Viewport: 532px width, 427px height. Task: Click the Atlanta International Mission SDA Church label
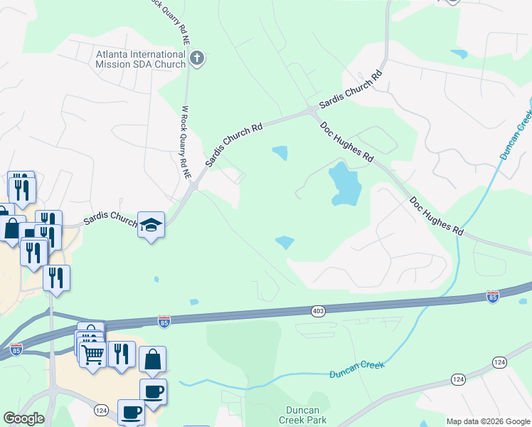[x=141, y=58]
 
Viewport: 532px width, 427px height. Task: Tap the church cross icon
[x=198, y=58]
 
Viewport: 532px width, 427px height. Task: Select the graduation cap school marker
[x=151, y=226]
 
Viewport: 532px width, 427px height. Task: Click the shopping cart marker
[x=93, y=354]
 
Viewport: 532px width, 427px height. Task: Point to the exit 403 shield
[x=318, y=311]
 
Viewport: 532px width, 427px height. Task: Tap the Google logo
[x=23, y=418]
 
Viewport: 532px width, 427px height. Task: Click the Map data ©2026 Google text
[x=488, y=421]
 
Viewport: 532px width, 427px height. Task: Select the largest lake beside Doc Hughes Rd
[x=345, y=184]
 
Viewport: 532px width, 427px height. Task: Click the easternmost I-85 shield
[x=492, y=295]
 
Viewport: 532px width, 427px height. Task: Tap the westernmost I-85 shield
[x=16, y=349]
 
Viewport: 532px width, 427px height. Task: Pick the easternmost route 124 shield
[x=499, y=363]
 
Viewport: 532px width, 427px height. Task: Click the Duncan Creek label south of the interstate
[x=356, y=369]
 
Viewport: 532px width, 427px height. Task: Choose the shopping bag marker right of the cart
[x=153, y=359]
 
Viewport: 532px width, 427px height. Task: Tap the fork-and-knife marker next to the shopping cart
[x=122, y=354]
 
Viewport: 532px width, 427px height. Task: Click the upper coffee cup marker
[x=153, y=390]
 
